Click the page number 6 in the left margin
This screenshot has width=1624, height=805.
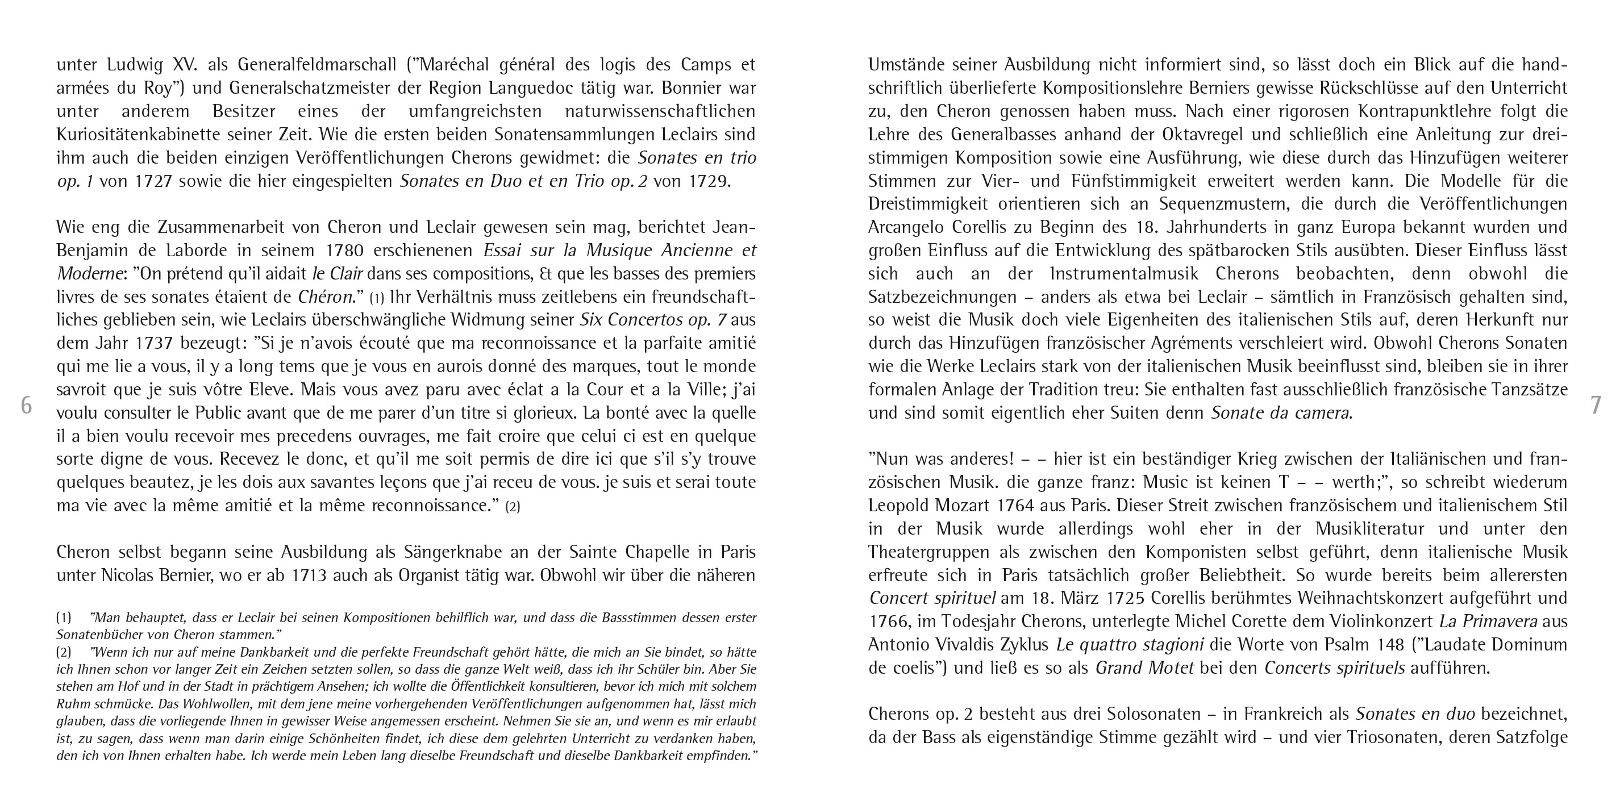click(26, 405)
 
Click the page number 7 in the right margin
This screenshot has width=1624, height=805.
click(1596, 405)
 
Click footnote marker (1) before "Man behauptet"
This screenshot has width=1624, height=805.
click(64, 618)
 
